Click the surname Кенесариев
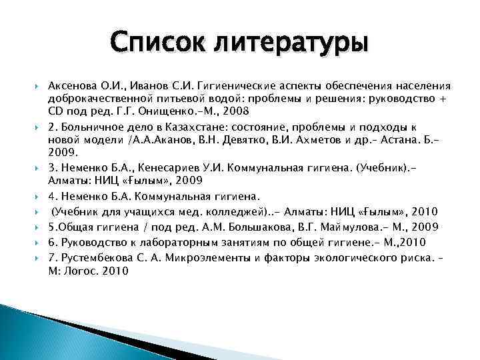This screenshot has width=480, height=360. (x=173, y=169)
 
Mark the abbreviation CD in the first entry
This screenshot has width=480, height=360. (x=55, y=111)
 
